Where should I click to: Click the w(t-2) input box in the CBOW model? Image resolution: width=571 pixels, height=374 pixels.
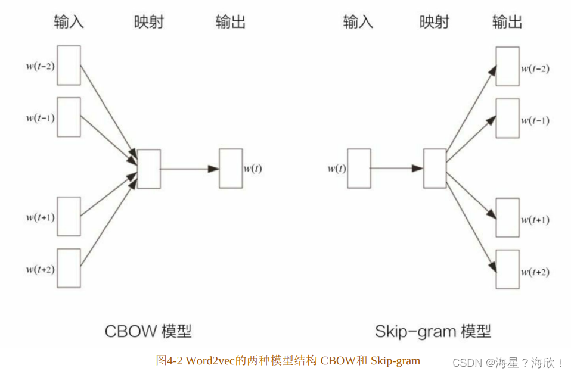[x=69, y=66]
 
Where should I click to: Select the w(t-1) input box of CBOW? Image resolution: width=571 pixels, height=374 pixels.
[x=69, y=117]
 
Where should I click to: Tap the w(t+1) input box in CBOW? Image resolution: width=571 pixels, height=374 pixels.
[x=69, y=216]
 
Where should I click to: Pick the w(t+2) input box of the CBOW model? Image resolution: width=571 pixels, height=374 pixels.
[x=69, y=268]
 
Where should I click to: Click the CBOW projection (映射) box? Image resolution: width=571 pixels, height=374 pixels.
[x=148, y=169]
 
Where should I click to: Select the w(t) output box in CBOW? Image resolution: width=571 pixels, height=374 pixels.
[x=231, y=169]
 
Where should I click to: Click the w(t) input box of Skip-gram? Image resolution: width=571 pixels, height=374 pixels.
[x=359, y=169]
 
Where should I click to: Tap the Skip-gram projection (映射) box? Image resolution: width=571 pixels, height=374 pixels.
[x=435, y=169]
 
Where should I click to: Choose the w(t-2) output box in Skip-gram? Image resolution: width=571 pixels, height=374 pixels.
[x=507, y=67]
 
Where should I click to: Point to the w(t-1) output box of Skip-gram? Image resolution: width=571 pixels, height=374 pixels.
[x=507, y=119]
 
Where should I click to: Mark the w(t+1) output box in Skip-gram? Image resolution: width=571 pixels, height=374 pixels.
[x=507, y=218]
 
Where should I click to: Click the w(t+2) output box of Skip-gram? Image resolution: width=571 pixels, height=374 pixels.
[x=507, y=270]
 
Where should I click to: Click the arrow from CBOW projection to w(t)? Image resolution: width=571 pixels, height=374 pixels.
[x=190, y=169]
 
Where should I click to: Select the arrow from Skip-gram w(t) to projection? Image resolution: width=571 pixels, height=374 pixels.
[x=396, y=169]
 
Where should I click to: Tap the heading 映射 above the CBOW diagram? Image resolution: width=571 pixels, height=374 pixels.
[x=148, y=23]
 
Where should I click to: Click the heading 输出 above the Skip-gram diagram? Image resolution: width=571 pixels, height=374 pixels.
[x=507, y=23]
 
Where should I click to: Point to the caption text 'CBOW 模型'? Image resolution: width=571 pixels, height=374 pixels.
[x=148, y=331]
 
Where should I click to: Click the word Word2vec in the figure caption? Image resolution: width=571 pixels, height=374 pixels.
[x=210, y=360]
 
